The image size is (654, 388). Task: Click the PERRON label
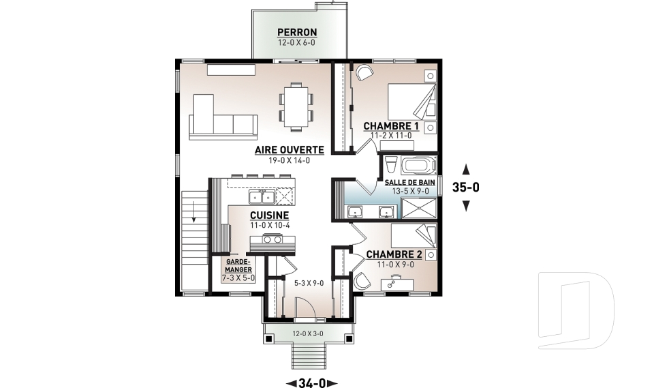point(298,32)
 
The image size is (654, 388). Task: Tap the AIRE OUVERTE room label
point(290,150)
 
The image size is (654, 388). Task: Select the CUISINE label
point(270,215)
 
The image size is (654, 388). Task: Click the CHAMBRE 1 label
point(391,126)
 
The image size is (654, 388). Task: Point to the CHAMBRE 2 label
point(394,254)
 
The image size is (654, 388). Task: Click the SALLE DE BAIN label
point(409,183)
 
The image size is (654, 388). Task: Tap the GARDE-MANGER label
point(238,266)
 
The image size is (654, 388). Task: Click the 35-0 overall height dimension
point(466,188)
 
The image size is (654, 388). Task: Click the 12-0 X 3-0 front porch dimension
point(308,333)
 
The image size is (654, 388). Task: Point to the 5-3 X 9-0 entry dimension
point(309,283)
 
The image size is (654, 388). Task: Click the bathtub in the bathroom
point(419,166)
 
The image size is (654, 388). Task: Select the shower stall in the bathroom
point(419,208)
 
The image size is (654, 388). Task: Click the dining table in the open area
point(296,106)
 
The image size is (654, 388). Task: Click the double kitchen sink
point(262,196)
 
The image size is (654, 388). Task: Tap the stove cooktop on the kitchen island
point(272,239)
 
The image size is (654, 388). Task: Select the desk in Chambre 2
point(397,284)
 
